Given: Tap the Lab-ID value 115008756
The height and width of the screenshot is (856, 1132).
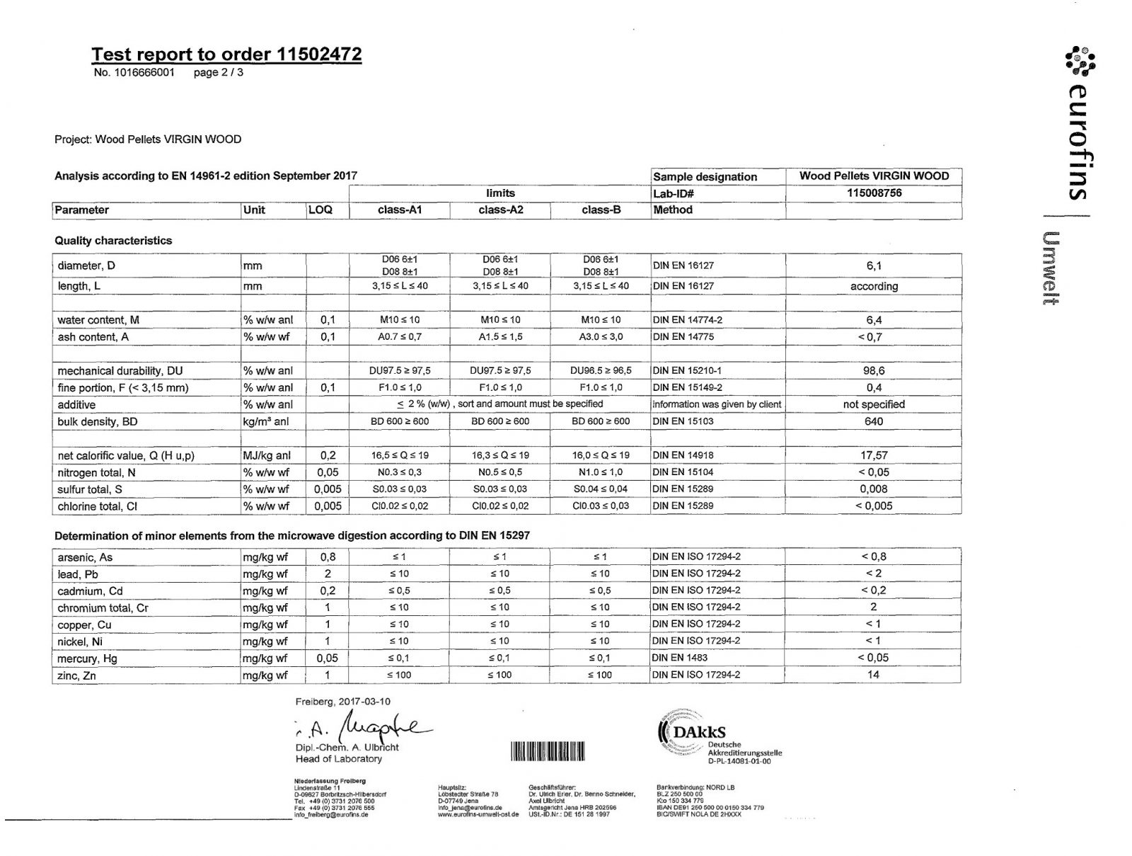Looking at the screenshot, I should [x=874, y=193].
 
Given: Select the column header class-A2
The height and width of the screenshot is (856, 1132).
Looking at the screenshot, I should [x=500, y=210].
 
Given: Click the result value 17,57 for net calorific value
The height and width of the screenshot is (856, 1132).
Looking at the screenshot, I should [x=874, y=455].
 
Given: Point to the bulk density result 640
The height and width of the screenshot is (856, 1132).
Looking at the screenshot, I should [x=874, y=421].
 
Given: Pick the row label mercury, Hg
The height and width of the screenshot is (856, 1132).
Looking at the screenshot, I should [x=88, y=658].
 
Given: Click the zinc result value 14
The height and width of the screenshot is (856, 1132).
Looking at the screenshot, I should [x=874, y=675].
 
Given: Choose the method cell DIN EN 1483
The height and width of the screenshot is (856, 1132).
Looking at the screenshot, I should [x=679, y=658].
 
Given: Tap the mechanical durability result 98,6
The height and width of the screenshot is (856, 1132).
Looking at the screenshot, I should [x=874, y=370].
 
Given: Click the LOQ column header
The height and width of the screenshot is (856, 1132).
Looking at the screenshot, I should [x=320, y=210].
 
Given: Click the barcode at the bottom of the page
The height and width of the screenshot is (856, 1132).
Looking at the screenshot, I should [x=547, y=751].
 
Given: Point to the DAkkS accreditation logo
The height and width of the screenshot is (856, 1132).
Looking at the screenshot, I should [x=697, y=733].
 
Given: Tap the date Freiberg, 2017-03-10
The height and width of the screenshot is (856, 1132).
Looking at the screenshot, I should [x=343, y=702].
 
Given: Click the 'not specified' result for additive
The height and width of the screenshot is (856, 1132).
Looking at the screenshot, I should [x=874, y=404].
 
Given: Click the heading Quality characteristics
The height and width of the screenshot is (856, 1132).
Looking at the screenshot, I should [x=113, y=241].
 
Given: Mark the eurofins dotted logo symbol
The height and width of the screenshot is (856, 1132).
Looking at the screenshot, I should [x=1080, y=61].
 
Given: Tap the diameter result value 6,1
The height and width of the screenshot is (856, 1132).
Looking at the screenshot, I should [x=874, y=266].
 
